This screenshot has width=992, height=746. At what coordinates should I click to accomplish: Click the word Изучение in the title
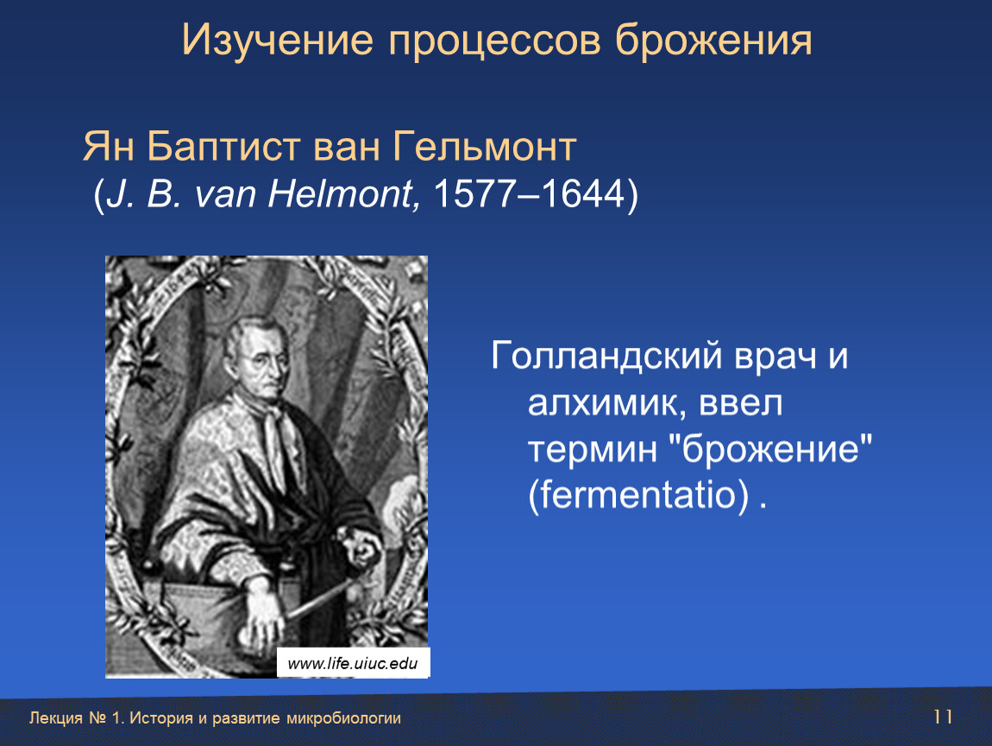(278, 40)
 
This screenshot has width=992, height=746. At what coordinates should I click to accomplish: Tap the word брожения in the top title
(714, 41)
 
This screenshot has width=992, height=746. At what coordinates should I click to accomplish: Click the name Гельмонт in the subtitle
(484, 146)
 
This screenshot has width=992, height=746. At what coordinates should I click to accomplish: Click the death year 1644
(583, 193)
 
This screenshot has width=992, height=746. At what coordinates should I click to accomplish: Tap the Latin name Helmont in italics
(341, 193)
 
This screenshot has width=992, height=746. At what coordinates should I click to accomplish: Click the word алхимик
(607, 402)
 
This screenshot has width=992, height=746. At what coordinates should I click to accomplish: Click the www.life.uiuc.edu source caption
(353, 663)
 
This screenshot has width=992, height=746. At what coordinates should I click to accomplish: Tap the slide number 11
(943, 717)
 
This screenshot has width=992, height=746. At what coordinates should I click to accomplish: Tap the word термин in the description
(592, 450)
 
